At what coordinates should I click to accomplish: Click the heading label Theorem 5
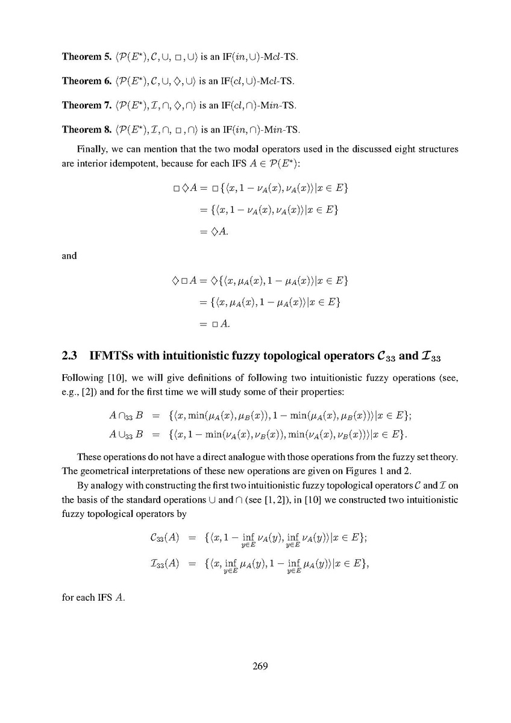(85, 57)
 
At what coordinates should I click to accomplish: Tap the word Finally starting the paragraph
(92, 148)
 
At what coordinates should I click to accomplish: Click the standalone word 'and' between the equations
(69, 255)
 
